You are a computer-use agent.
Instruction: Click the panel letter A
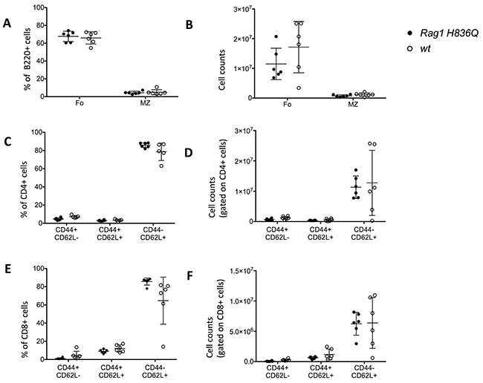(7, 24)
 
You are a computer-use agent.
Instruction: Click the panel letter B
(189, 24)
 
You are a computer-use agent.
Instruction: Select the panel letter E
(6, 269)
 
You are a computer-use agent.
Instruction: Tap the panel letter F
(189, 275)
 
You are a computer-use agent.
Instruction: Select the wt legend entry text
(425, 48)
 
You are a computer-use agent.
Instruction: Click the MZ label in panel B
(353, 105)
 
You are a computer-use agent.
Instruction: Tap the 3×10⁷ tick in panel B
(244, 9)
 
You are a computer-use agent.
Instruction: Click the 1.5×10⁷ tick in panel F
(241, 271)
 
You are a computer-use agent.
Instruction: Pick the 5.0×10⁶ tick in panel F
(241, 331)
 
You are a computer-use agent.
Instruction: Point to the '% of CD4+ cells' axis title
(25, 189)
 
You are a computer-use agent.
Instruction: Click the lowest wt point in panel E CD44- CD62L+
(163, 347)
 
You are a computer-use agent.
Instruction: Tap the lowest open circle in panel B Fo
(299, 88)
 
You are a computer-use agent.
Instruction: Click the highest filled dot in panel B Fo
(276, 36)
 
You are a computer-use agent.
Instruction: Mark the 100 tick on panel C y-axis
(38, 133)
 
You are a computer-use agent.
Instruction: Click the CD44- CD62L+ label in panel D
(365, 232)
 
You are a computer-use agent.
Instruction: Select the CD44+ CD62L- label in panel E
(68, 370)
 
